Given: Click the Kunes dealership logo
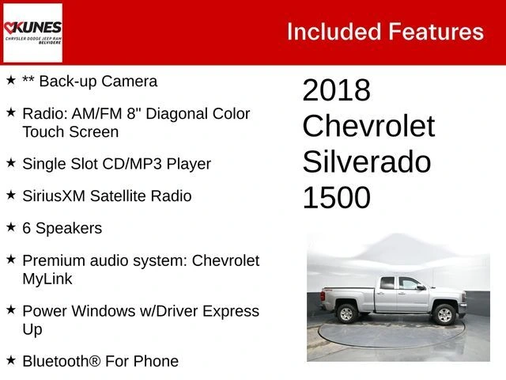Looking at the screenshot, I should (32, 32).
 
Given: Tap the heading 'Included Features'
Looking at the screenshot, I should (384, 32).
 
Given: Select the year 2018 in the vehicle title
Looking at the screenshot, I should (336, 90).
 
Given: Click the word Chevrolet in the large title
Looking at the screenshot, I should (368, 126).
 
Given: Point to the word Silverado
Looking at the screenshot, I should (366, 161).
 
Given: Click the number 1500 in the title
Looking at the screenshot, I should (336, 197).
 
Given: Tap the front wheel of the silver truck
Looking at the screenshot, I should (444, 314).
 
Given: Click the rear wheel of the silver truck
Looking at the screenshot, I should (346, 313).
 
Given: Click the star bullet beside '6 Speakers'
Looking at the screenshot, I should (11, 227).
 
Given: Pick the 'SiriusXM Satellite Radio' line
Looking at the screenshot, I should (107, 196).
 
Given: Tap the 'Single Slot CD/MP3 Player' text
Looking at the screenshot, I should (116, 164).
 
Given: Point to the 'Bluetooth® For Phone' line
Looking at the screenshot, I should (100, 361).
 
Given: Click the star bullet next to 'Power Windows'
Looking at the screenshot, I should (11, 310).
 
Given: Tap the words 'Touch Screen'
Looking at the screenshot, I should (70, 131).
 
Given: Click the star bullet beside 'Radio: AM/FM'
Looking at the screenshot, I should (11, 113).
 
